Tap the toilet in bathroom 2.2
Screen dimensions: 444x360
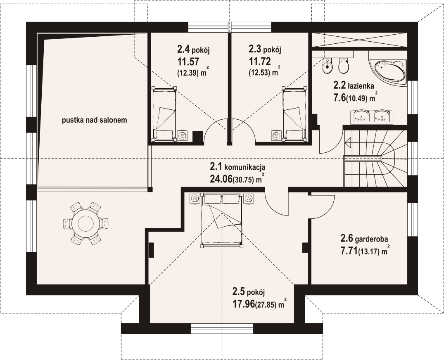tap(344, 66)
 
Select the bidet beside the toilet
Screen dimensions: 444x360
tap(328, 66)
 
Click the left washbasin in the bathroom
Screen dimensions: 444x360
tap(361, 116)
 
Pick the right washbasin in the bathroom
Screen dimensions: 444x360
tap(382, 116)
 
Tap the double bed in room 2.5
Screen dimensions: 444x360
tap(222, 220)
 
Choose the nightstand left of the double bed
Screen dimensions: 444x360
tap(195, 199)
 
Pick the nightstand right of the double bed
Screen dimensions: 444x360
tap(249, 199)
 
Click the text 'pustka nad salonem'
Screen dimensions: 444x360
tap(95, 120)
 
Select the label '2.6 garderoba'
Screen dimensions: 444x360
tap(364, 239)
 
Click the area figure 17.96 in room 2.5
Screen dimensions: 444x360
tap(243, 305)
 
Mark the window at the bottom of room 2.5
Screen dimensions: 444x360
tap(222, 329)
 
